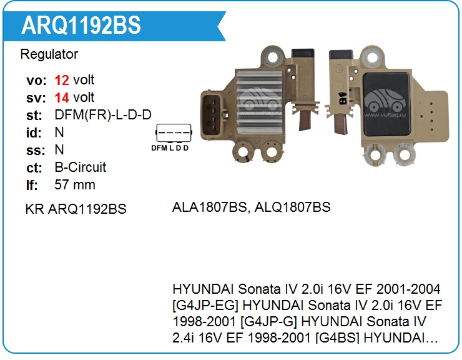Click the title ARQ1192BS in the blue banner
point(81,25)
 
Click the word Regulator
point(49,54)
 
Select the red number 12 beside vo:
point(62,80)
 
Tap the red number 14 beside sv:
point(62,97)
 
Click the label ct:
point(34,167)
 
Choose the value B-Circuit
point(81,167)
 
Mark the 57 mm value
point(75,185)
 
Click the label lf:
point(32,185)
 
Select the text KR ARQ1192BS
point(76,209)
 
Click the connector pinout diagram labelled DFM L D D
point(171,138)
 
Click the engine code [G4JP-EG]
point(205,305)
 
